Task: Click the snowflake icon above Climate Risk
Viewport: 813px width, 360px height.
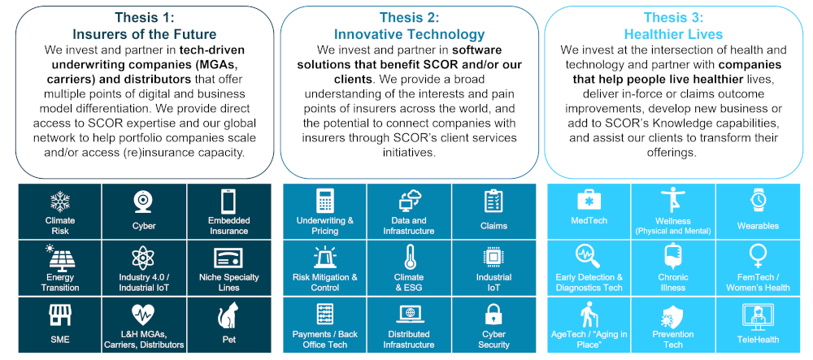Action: point(59,202)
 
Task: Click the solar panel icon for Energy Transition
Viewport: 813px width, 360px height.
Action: point(59,258)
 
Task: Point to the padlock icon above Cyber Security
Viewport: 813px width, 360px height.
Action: point(493,314)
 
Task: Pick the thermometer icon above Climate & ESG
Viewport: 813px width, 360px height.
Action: point(409,258)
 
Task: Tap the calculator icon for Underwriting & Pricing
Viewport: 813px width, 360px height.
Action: point(325,201)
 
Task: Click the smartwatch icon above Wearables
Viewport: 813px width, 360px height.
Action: point(758,201)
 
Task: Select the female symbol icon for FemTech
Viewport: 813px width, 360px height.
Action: point(758,258)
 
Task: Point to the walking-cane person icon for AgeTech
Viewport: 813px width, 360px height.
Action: point(589,314)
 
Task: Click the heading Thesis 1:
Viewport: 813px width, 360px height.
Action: point(145,18)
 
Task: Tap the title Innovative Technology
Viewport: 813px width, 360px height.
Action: point(409,35)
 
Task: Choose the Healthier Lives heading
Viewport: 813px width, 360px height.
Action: point(673,35)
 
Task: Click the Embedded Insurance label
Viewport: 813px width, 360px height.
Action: point(228,226)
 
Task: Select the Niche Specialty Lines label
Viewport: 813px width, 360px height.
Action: point(228,282)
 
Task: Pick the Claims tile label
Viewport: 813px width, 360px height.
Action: point(493,227)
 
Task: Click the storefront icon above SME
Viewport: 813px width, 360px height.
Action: point(59,314)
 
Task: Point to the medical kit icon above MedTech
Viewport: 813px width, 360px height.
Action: point(589,200)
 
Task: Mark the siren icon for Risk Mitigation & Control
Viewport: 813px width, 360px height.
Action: point(325,258)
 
